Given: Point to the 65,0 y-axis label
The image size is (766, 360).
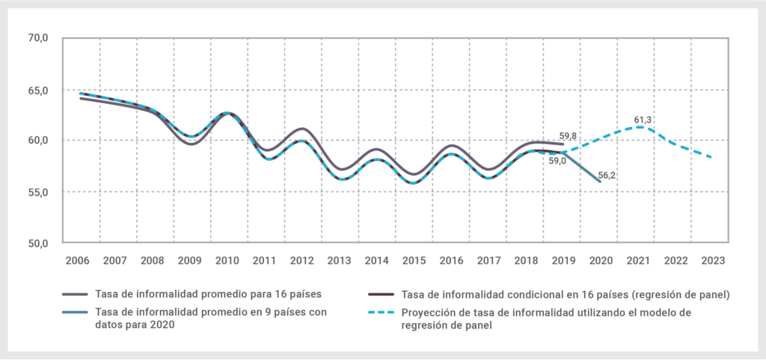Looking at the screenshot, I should (37, 90).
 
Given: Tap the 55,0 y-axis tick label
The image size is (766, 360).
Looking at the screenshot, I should (37, 192).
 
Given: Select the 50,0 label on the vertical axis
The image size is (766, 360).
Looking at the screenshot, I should (37, 243).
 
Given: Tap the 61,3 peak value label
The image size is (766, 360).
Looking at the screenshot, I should (644, 119).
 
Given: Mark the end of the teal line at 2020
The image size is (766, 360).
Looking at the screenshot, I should (598, 180).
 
